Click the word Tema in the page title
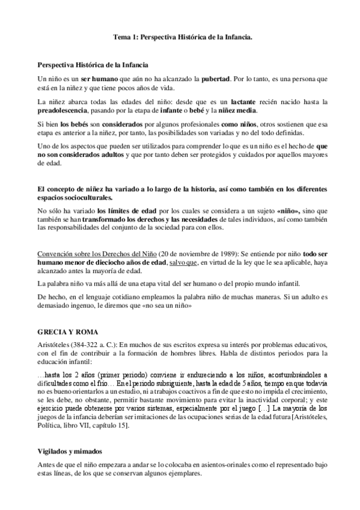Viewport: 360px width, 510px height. click(x=122, y=37)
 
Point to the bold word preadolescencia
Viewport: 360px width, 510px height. click(x=62, y=111)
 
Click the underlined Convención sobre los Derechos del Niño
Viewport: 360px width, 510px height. click(x=95, y=253)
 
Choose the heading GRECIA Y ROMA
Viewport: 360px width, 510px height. click(x=64, y=332)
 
